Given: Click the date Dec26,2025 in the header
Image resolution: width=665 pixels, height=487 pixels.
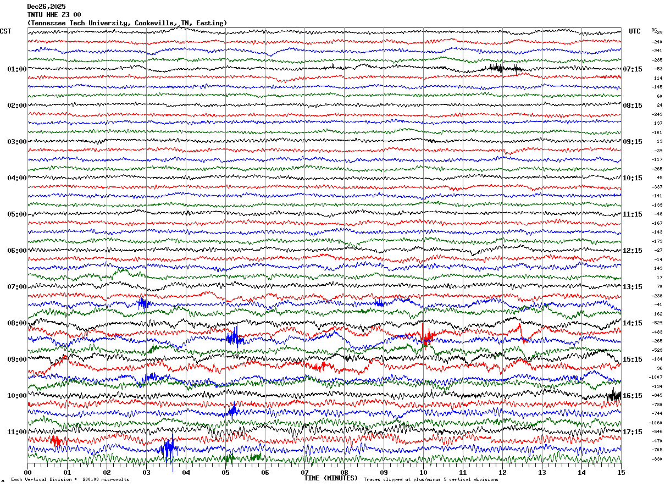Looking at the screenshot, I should (46, 6).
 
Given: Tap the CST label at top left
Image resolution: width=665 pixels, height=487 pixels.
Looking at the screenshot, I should (5, 31).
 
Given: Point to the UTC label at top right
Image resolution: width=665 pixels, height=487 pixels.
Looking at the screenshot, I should (635, 31).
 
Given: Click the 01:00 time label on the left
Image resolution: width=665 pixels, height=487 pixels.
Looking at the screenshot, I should (16, 69).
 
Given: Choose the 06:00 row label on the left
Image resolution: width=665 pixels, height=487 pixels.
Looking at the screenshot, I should (16, 251).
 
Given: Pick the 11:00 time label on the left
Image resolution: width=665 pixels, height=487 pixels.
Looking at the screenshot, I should (16, 432).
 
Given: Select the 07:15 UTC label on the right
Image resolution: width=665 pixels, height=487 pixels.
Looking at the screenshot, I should (632, 69).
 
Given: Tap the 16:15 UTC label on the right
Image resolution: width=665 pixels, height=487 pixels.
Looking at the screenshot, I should (632, 396).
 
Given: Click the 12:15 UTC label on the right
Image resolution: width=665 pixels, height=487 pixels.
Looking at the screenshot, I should (632, 251).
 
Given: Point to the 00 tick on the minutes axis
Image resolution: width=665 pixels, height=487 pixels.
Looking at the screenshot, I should (27, 472).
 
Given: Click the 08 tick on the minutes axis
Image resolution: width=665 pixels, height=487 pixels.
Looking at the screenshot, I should (344, 472).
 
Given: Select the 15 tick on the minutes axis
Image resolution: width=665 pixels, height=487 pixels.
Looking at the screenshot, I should (621, 472).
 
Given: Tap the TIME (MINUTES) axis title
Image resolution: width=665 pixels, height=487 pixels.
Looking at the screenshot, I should (331, 478).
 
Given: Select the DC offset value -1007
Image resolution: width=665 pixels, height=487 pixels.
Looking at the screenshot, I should (656, 378).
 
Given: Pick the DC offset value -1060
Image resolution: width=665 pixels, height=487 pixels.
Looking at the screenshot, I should (656, 423).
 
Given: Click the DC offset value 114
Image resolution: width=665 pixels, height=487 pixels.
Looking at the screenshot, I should (658, 78).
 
